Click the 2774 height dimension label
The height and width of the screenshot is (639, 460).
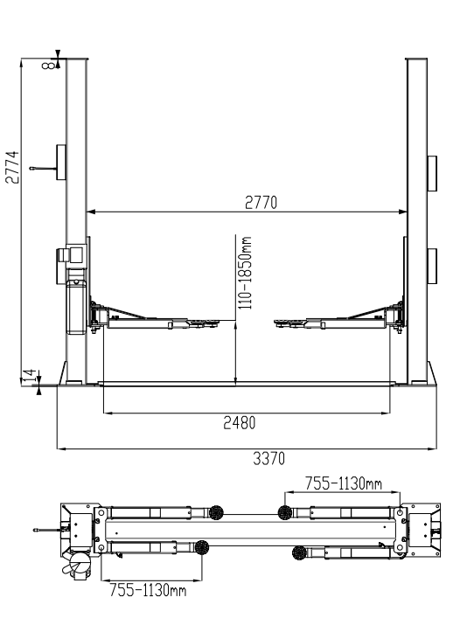tap(12, 168)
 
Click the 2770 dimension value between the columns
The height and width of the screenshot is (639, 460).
tap(261, 203)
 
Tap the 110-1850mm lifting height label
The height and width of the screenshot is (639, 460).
tap(245, 273)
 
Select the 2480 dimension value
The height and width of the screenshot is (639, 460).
tap(240, 423)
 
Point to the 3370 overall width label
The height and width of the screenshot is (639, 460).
tap(268, 459)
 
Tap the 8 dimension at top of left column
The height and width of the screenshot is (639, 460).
tap(48, 65)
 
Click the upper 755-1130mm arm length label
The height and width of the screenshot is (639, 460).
tap(344, 483)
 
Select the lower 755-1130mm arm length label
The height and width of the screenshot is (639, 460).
tap(148, 590)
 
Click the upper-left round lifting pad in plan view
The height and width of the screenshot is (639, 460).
tap(216, 512)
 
